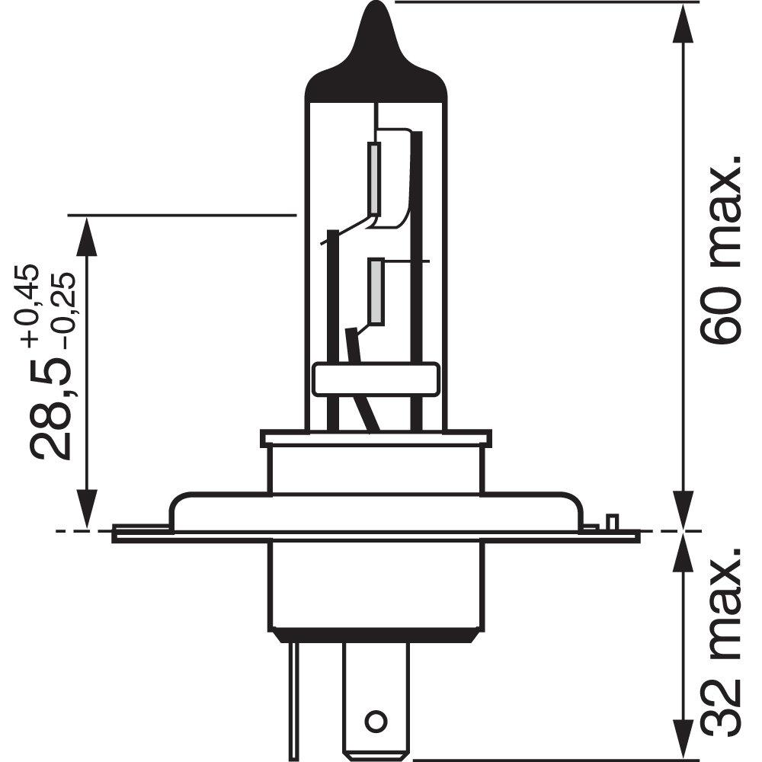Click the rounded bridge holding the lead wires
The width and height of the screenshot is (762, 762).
375,379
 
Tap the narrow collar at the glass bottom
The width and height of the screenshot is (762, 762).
375,438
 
